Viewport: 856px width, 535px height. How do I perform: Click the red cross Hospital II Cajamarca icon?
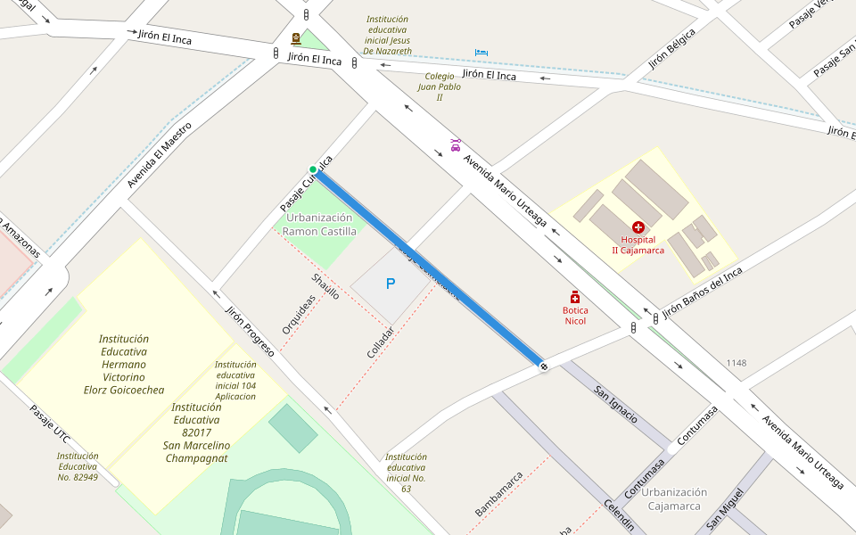(x=638, y=227)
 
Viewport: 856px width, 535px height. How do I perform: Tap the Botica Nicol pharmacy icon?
(x=575, y=296)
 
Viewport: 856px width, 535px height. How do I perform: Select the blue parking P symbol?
(x=390, y=284)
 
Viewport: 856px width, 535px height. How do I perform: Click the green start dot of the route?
(x=313, y=169)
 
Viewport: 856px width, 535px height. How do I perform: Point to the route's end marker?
(x=543, y=366)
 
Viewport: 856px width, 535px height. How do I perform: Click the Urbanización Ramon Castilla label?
(x=319, y=225)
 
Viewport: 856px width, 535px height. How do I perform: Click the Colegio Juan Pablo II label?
(x=440, y=86)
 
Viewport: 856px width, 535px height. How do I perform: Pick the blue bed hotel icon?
(x=481, y=53)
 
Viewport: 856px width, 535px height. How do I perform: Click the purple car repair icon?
(x=456, y=144)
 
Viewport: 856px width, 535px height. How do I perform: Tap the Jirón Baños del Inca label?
(x=702, y=290)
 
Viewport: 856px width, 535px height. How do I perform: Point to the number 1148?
(x=736, y=363)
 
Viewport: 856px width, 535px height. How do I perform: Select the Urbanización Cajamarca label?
(x=675, y=499)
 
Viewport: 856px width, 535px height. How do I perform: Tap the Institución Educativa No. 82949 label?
(x=78, y=466)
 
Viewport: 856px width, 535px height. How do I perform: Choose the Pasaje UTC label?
(x=49, y=424)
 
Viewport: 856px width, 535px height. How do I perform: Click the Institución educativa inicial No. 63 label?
(x=406, y=473)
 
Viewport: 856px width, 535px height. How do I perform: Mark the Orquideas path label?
(x=299, y=315)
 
